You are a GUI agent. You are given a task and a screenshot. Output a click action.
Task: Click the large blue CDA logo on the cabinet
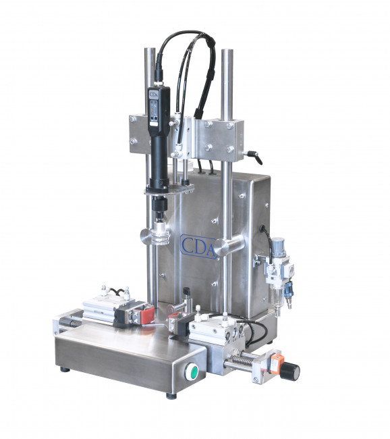[x=198, y=247]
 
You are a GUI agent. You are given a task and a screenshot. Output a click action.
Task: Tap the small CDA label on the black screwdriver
[x=152, y=94]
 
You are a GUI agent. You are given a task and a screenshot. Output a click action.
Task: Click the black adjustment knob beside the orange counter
[x=289, y=370]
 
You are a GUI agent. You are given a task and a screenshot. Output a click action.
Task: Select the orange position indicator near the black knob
[x=275, y=363]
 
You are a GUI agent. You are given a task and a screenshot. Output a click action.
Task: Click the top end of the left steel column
[x=150, y=50]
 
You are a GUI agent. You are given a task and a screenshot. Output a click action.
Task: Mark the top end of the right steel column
[x=227, y=51]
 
